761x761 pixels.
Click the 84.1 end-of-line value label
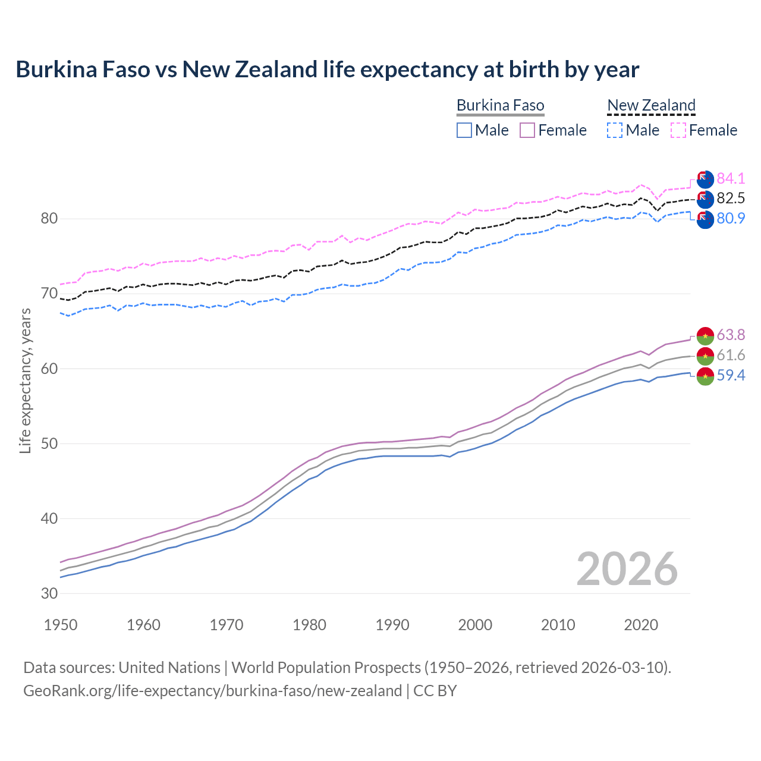(x=730, y=178)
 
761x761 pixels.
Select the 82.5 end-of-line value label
(x=730, y=198)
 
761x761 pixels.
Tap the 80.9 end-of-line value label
(x=730, y=218)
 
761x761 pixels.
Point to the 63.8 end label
(x=730, y=335)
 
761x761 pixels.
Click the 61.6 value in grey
(x=730, y=355)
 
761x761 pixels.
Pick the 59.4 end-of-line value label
(x=730, y=375)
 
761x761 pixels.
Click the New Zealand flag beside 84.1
(x=705, y=179)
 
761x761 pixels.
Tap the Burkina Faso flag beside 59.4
(x=705, y=376)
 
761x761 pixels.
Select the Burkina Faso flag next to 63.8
(x=705, y=335)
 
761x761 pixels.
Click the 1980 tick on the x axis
(x=309, y=625)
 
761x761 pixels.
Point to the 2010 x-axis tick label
(x=558, y=625)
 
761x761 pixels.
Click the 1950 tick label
(x=61, y=625)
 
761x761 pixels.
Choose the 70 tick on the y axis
(x=49, y=293)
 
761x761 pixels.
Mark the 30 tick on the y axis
(x=49, y=593)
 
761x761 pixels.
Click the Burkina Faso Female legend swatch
(x=527, y=130)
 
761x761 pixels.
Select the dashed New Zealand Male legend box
(x=615, y=130)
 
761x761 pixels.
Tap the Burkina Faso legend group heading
(x=500, y=106)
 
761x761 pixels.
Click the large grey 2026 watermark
(x=627, y=569)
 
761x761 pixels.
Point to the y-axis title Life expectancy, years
(x=25, y=380)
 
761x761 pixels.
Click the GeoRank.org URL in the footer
(x=212, y=691)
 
